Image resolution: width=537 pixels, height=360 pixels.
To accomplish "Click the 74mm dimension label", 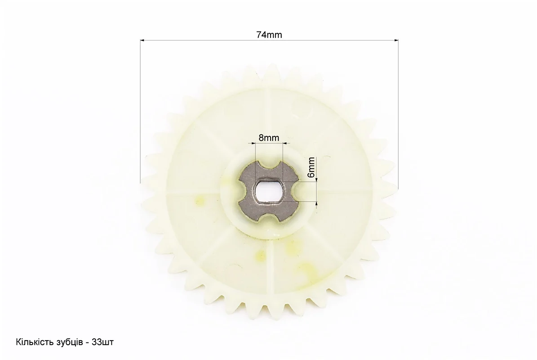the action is click(x=269, y=35).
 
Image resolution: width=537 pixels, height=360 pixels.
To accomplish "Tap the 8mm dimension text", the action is click(x=269, y=138).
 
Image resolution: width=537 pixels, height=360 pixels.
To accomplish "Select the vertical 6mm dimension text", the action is click(x=311, y=167).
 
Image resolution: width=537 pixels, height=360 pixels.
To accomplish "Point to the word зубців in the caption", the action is click(x=67, y=342).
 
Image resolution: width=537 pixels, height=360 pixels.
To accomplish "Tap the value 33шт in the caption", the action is click(x=103, y=342).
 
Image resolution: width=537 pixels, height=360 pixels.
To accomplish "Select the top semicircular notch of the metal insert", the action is click(x=269, y=166).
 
